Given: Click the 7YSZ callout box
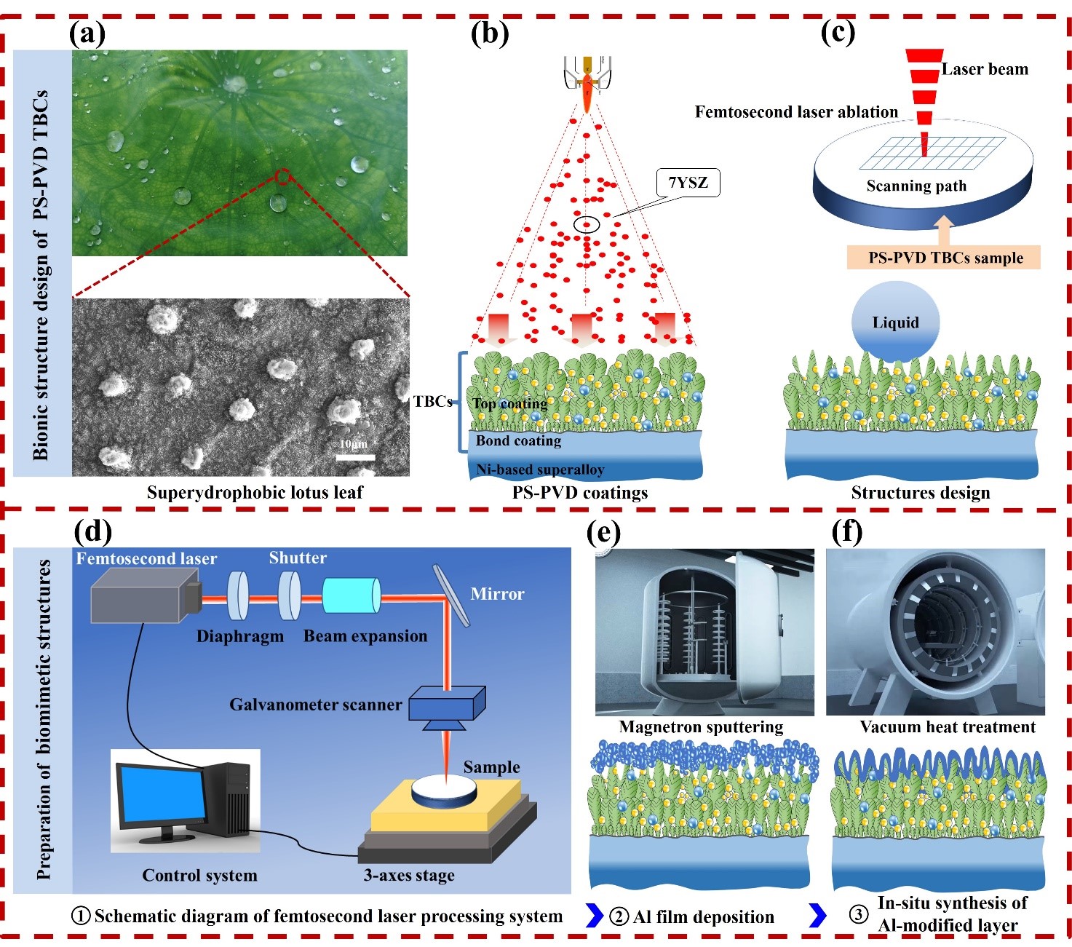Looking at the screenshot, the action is click(x=687, y=183).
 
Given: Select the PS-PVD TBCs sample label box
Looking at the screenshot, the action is click(x=945, y=258).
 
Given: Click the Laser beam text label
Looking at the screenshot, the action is click(x=984, y=69).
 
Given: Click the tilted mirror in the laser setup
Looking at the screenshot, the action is click(x=450, y=595).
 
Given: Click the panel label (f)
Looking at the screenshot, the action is click(x=846, y=531).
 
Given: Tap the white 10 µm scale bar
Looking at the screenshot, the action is click(x=356, y=457).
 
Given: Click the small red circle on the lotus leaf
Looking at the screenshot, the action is click(x=283, y=176).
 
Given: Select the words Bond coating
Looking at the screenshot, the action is click(x=518, y=440).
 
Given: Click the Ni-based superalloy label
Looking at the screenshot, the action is click(x=540, y=469).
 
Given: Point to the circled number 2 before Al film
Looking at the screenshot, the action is click(x=618, y=916).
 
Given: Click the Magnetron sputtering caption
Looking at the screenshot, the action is click(x=701, y=726).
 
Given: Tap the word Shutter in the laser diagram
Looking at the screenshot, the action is click(x=298, y=558).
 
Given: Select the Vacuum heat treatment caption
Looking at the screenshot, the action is click(x=948, y=726).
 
